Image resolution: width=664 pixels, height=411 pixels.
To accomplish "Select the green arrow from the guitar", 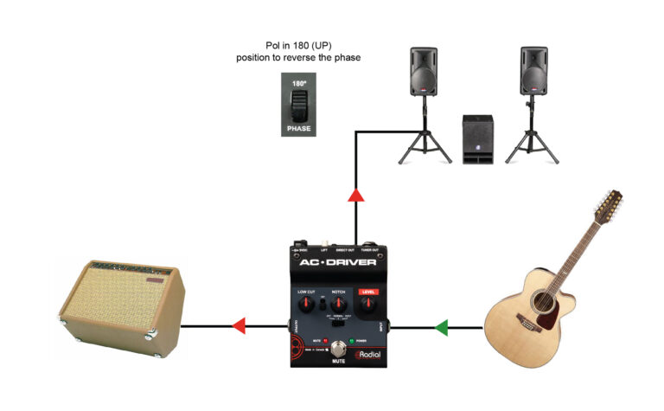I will tap(442, 328).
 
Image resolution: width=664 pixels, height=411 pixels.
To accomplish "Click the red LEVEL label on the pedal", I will tap(370, 291).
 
